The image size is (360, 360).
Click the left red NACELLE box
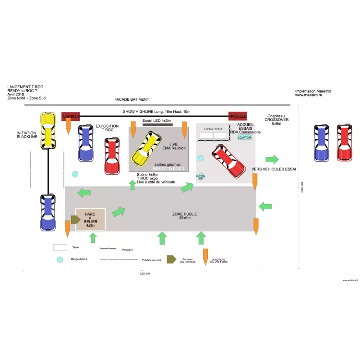(x=71, y=116)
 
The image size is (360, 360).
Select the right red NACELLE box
(x=238, y=116)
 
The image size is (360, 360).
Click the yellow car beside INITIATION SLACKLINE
(x=48, y=131)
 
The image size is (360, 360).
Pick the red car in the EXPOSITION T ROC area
(x=112, y=156)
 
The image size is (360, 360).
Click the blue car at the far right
(x=322, y=143)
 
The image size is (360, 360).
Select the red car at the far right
(x=345, y=143)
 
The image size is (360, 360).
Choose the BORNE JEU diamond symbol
(x=201, y=177)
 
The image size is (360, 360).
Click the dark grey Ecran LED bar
(x=157, y=125)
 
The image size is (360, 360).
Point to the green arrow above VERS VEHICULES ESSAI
(x=272, y=159)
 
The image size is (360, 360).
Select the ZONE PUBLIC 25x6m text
(x=184, y=216)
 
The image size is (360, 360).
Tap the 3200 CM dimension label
(x=144, y=274)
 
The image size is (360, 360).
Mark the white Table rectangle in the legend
(x=60, y=247)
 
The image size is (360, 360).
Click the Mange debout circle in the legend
(x=60, y=260)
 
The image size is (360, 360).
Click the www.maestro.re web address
(x=309, y=95)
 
